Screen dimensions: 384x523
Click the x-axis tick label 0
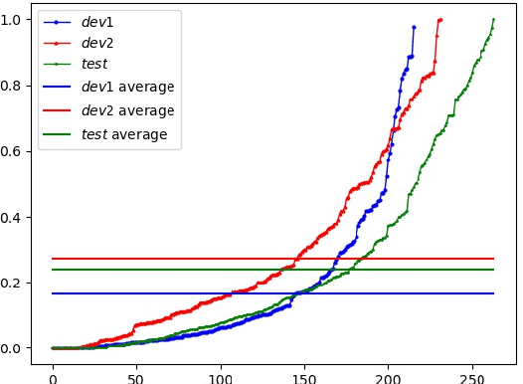53,368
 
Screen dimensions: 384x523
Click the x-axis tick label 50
135,368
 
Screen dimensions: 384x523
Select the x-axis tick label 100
219,368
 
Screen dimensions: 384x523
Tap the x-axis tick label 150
302,368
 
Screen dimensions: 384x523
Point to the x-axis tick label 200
386,368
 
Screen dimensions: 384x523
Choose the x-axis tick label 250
469,368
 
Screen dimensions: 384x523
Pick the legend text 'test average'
128,133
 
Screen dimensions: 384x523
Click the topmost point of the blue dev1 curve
414,27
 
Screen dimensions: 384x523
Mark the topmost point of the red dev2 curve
440,19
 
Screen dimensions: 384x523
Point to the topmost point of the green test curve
493,19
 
